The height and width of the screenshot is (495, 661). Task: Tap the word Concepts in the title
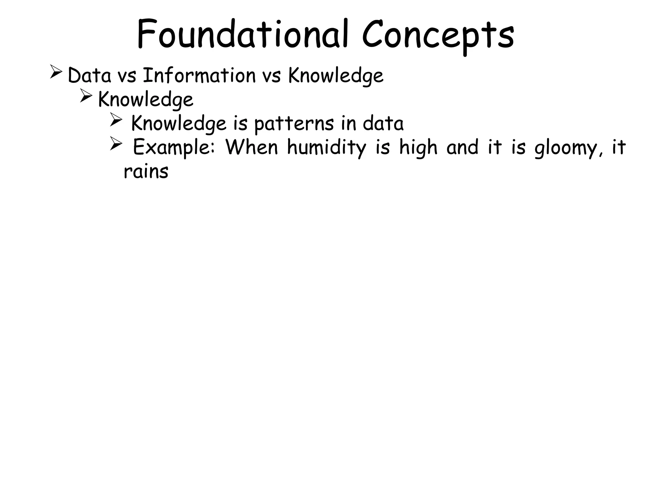coord(438,35)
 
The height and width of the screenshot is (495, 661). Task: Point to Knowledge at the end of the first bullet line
coord(336,76)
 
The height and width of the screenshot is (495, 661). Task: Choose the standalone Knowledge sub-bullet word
coord(146,100)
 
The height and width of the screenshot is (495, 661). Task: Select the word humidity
coord(327,148)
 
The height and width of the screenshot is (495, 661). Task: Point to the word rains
coord(146,171)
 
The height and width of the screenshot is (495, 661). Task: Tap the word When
coord(252,147)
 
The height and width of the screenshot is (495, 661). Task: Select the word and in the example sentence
coord(463,147)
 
